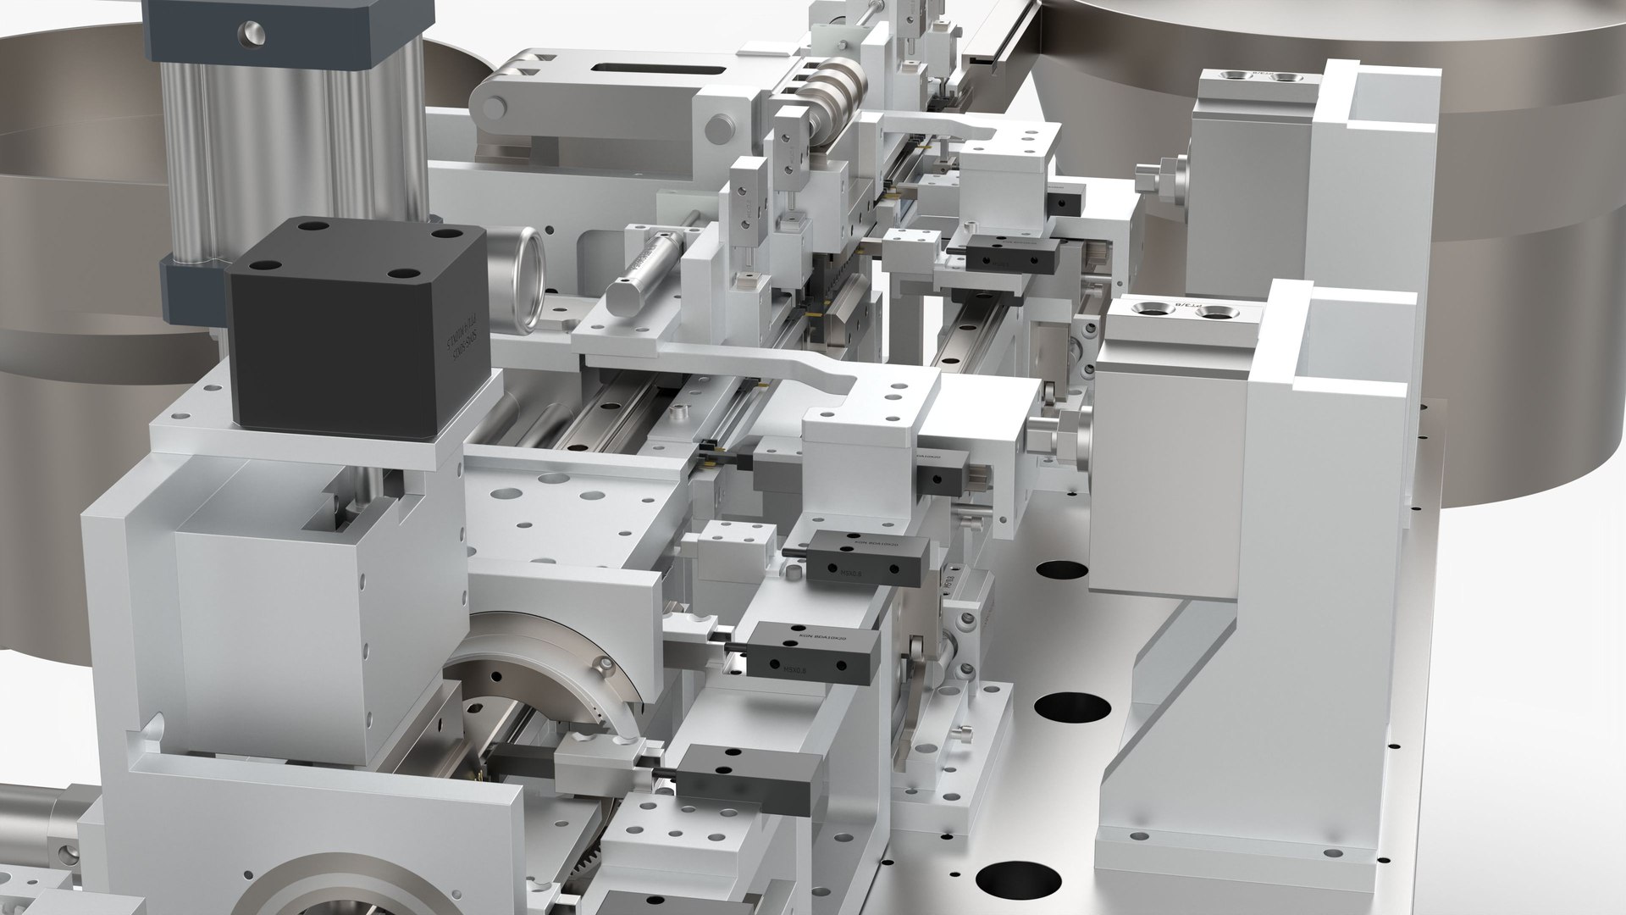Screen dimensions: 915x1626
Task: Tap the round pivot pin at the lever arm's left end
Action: tap(492, 108)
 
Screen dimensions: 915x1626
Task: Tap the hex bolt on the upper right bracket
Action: tap(1156, 180)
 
